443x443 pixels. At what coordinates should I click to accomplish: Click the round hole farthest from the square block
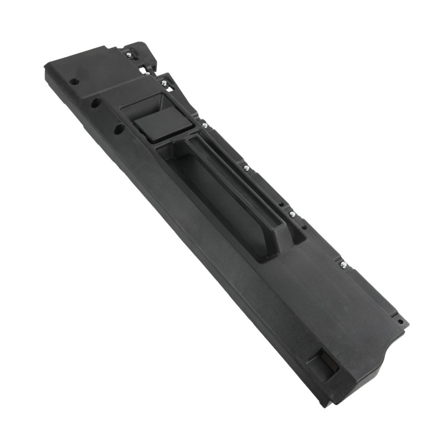tap(74, 81)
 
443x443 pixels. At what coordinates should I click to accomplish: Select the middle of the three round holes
tap(95, 103)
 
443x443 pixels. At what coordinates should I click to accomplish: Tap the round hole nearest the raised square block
tap(119, 128)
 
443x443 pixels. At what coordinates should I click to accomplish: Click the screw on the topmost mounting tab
tap(129, 55)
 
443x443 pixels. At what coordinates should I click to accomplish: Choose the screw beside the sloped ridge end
tap(292, 214)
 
